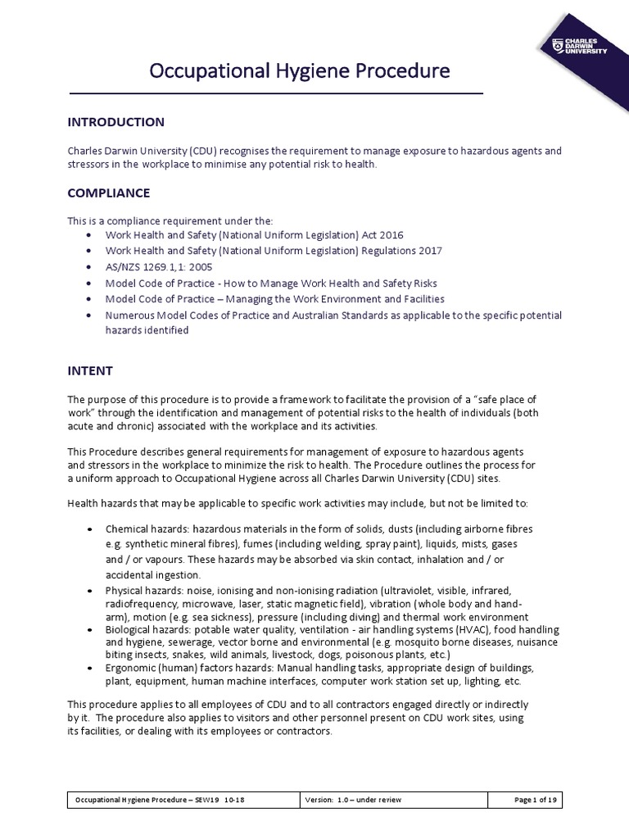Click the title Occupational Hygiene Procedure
(299, 71)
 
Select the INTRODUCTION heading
(115, 122)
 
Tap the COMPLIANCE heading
(108, 193)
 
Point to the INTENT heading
(89, 370)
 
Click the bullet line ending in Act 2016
(255, 234)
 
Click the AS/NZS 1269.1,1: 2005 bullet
(159, 267)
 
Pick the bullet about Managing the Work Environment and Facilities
(275, 299)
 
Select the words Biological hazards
(146, 629)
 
